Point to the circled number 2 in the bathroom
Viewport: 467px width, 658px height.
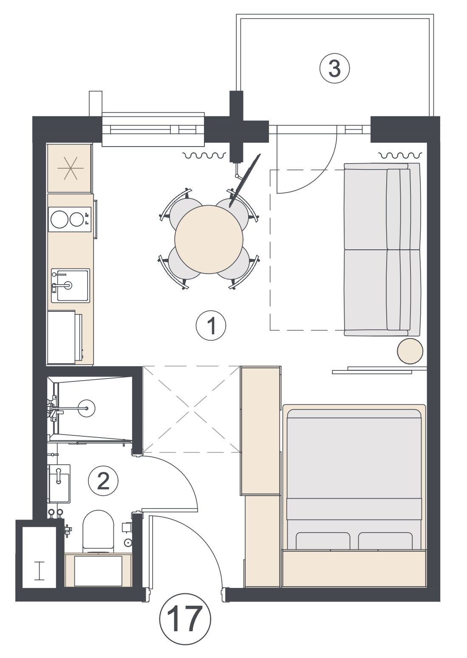click(x=103, y=481)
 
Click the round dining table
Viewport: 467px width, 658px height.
click(x=209, y=239)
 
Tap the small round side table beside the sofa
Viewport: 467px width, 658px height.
click(x=410, y=351)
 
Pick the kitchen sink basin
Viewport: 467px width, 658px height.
click(x=71, y=285)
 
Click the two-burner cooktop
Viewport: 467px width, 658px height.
click(x=70, y=220)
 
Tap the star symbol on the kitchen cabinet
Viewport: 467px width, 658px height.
click(x=71, y=168)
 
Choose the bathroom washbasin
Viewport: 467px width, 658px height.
click(x=59, y=483)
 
